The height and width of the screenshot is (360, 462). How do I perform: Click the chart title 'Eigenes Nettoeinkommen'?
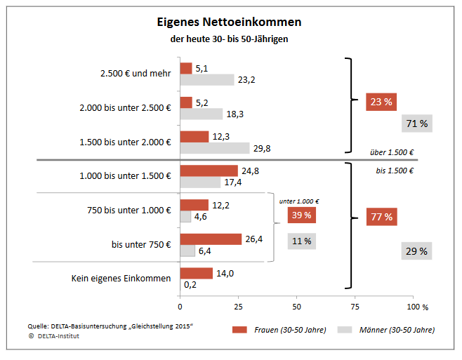pyautogui.click(x=229, y=22)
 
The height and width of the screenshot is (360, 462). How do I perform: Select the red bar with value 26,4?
pyautogui.click(x=211, y=239)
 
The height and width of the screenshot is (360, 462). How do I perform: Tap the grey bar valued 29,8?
pyautogui.click(x=215, y=147)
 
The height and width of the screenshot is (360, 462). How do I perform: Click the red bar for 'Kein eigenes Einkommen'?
pyautogui.click(x=196, y=273)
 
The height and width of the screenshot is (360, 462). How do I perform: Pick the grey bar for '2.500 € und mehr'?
pyautogui.click(x=207, y=79)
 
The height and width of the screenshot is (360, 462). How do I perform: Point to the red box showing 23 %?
pyautogui.click(x=381, y=102)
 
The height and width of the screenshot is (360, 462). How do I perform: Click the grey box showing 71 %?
pyautogui.click(x=417, y=124)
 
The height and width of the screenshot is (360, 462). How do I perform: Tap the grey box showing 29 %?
pyautogui.click(x=417, y=251)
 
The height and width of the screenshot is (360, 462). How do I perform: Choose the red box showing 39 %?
pyautogui.click(x=301, y=215)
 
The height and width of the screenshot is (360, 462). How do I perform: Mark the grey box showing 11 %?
pyautogui.click(x=301, y=241)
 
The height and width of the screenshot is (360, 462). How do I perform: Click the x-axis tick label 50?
pyautogui.click(x=296, y=307)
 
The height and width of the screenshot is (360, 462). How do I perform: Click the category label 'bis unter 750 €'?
pyautogui.click(x=141, y=244)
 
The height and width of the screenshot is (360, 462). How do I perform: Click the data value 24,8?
pyautogui.click(x=250, y=171)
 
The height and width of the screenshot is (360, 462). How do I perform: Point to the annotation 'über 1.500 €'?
pyautogui.click(x=391, y=152)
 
